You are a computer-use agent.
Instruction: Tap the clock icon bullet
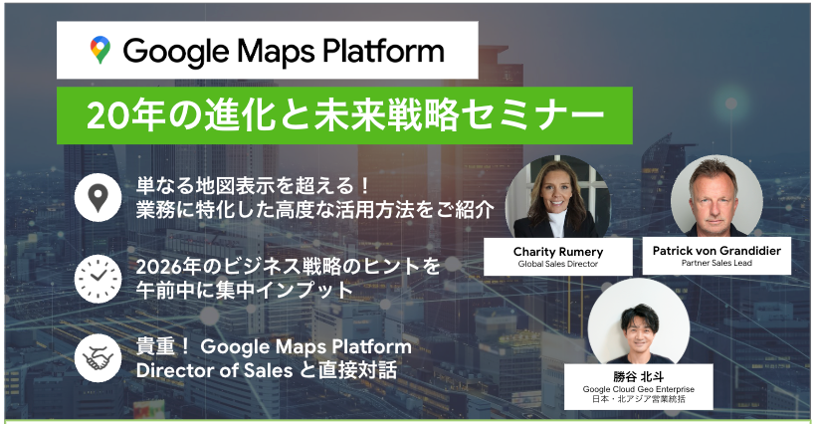tap(98, 279)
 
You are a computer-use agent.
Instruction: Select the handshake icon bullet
tap(98, 360)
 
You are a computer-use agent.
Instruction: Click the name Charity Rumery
tap(557, 252)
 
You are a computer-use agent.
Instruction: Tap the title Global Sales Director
tap(557, 265)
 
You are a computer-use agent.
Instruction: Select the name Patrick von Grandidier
tap(716, 252)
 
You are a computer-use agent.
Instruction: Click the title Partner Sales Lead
tap(716, 265)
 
